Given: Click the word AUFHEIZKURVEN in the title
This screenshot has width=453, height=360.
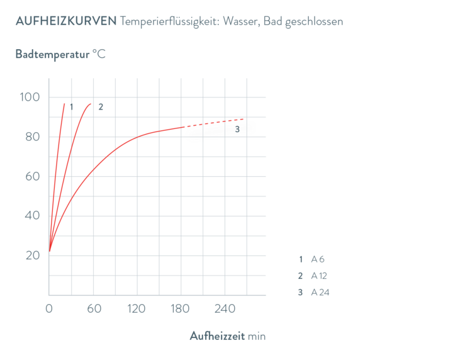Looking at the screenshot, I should click(65, 21).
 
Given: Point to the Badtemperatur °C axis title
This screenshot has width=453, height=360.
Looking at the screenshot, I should click(60, 54).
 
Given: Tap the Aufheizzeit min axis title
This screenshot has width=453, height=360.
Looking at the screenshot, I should click(228, 336).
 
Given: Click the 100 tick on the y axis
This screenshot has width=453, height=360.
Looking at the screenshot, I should click(31, 97).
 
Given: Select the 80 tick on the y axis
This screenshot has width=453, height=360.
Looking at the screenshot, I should click(32, 137).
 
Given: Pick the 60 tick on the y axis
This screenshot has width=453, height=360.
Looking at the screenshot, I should click(32, 176).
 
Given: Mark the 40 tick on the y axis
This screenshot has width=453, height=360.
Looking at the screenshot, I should click(32, 216).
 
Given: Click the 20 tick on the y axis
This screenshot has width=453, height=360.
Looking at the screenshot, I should click(32, 256).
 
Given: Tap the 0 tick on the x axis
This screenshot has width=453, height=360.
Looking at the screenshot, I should click(48, 309).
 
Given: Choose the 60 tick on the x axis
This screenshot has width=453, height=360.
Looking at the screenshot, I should click(94, 309).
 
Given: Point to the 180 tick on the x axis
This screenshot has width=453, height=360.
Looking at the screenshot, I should click(180, 309).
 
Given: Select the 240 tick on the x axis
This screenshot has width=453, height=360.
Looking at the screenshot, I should click(225, 309).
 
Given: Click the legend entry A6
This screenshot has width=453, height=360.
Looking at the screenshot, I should click(318, 259).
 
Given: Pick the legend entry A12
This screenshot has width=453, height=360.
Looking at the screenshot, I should click(319, 276).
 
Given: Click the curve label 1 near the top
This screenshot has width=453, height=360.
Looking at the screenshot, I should click(72, 106).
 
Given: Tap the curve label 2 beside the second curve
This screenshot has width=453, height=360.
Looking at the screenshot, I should click(100, 106).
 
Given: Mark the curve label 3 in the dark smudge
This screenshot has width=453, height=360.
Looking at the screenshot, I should click(237, 129).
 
